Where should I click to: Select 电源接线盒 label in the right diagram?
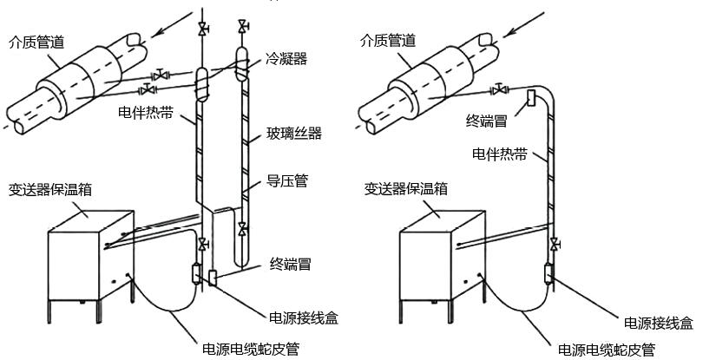click(x=658, y=322)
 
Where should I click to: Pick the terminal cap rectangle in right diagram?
click(x=529, y=100)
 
